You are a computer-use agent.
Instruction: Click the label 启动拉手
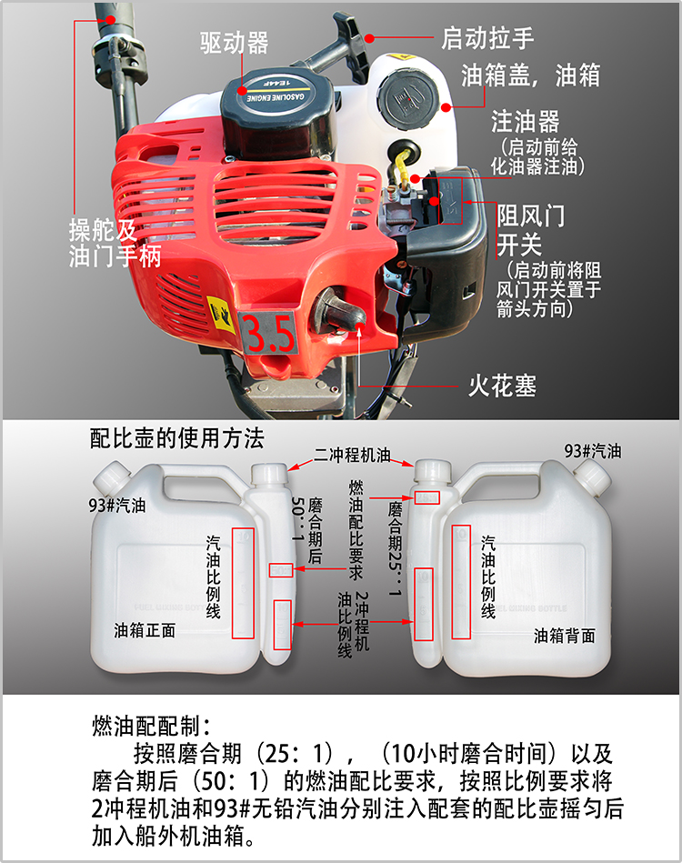tap(487, 38)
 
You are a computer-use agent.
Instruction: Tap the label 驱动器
tap(234, 43)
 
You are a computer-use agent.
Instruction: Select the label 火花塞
tap(502, 386)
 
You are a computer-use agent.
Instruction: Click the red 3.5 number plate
tap(268, 333)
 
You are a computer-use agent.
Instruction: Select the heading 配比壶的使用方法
tap(176, 438)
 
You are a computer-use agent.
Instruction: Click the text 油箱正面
tap(145, 630)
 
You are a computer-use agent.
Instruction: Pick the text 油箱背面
tap(564, 636)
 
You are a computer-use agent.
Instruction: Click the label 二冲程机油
tap(352, 455)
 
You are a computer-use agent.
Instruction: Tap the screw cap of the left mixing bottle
tap(112, 477)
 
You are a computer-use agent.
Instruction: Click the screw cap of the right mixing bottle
tap(592, 477)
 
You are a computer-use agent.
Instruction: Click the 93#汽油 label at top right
tap(593, 451)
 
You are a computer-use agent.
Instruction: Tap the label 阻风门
tap(531, 216)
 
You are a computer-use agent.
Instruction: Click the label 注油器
tap(525, 121)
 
